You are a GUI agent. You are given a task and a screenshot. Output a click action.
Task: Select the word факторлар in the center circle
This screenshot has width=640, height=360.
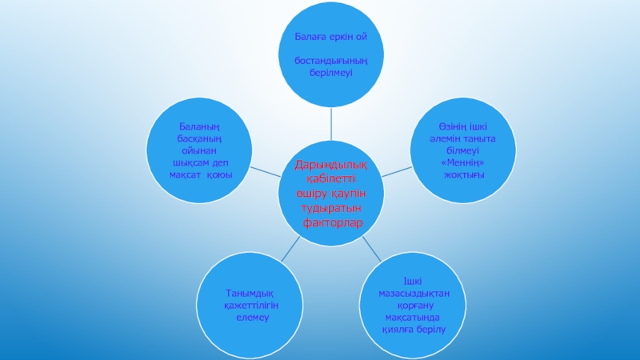coord(331,222)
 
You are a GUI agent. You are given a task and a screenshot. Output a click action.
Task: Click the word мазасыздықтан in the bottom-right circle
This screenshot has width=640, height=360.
coord(414,294)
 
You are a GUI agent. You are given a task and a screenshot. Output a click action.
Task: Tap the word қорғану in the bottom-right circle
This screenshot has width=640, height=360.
coord(414,306)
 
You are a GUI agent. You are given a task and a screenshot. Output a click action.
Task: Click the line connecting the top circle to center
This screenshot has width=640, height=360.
coord(331,125)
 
